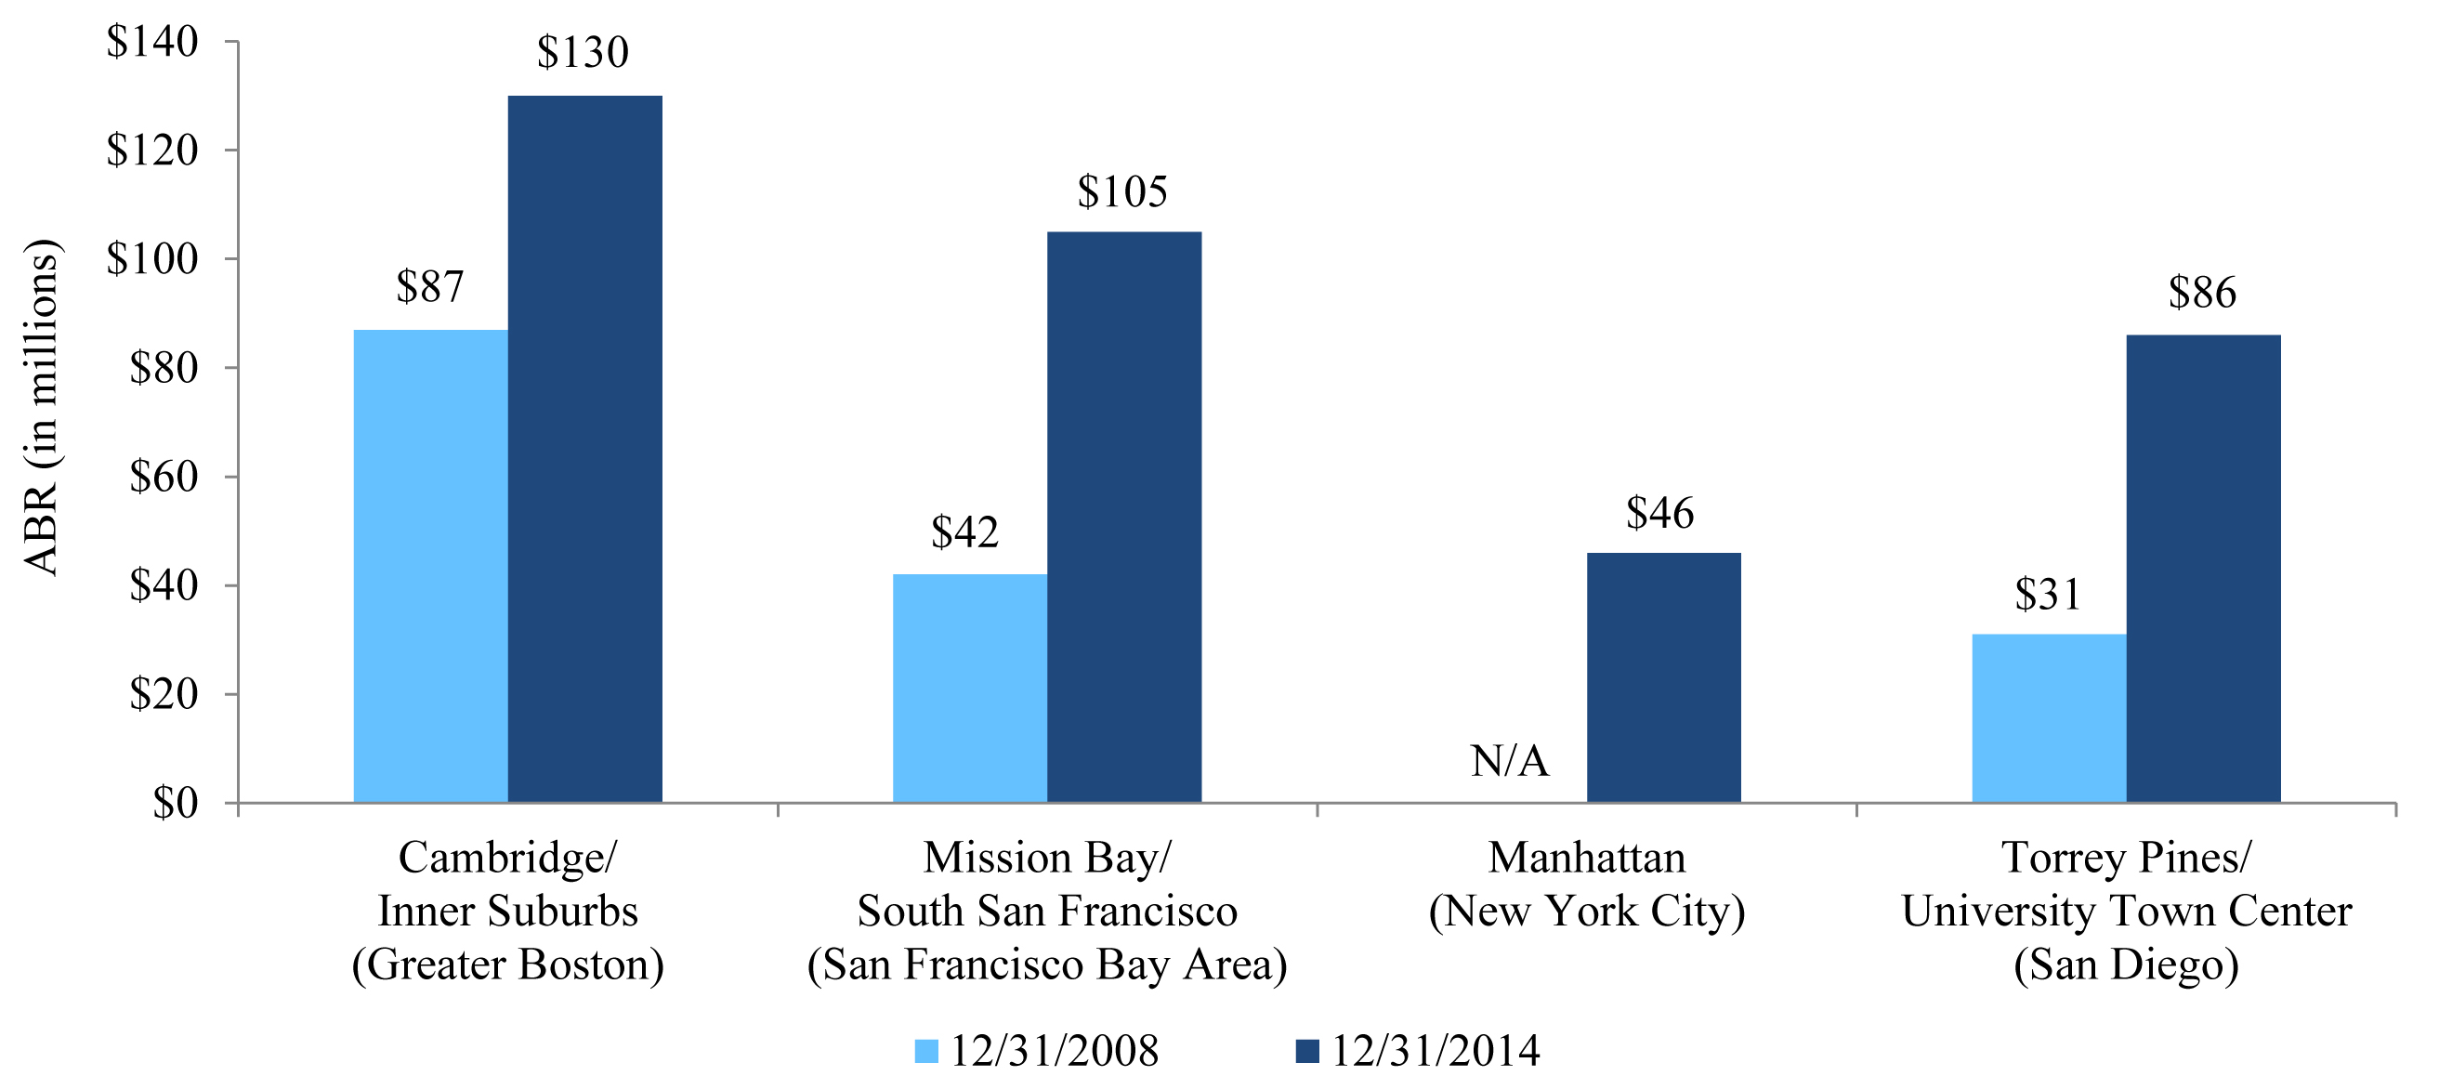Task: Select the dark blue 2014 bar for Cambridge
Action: pos(585,449)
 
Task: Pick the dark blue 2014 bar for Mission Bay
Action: pos(1124,517)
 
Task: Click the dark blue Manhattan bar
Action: pos(1663,677)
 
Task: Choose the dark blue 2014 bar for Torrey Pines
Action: pos(2203,568)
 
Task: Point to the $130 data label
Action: pos(583,52)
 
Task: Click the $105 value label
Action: pos(1122,192)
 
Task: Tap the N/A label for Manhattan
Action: pos(1509,761)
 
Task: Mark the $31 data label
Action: pos(2047,595)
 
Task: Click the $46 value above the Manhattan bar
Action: pos(1659,513)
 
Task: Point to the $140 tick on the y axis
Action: pos(152,42)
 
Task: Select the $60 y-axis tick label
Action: pos(163,477)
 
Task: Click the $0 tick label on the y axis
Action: pos(176,803)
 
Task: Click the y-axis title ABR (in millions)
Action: pos(41,407)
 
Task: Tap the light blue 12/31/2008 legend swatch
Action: pos(926,1051)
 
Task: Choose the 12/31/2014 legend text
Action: pos(1436,1051)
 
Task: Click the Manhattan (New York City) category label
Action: pos(1587,885)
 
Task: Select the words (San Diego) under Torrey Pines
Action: pos(2126,964)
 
